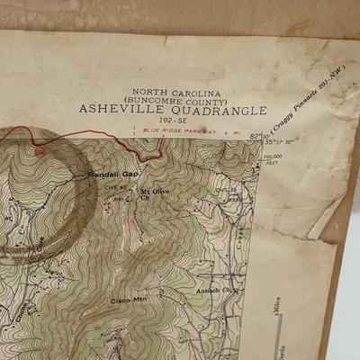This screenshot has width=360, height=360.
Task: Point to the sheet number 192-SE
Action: pos(173,120)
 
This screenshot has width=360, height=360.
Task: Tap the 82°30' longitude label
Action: pos(256,136)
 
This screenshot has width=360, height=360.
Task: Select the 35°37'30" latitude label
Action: pos(278,142)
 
